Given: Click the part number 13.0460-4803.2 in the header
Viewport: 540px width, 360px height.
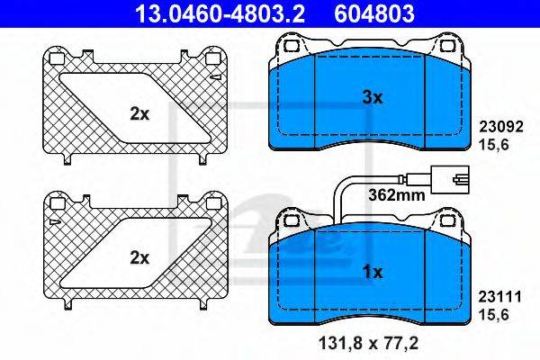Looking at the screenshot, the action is (220, 14).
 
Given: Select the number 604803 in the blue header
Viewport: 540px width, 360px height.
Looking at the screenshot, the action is (374, 14).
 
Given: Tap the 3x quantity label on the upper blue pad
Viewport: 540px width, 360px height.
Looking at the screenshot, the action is (373, 98).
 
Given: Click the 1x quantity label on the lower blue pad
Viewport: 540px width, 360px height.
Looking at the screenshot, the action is (373, 272).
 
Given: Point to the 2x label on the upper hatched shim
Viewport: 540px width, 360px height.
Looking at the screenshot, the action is (139, 113).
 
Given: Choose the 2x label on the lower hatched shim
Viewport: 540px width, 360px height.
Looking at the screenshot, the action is (139, 257).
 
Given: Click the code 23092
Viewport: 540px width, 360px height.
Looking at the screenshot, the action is (501, 127).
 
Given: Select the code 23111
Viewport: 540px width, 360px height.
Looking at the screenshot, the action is (500, 297).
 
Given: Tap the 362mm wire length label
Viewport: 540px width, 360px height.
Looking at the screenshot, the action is (396, 195).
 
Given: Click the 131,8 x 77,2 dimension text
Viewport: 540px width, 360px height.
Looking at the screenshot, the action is (368, 343).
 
